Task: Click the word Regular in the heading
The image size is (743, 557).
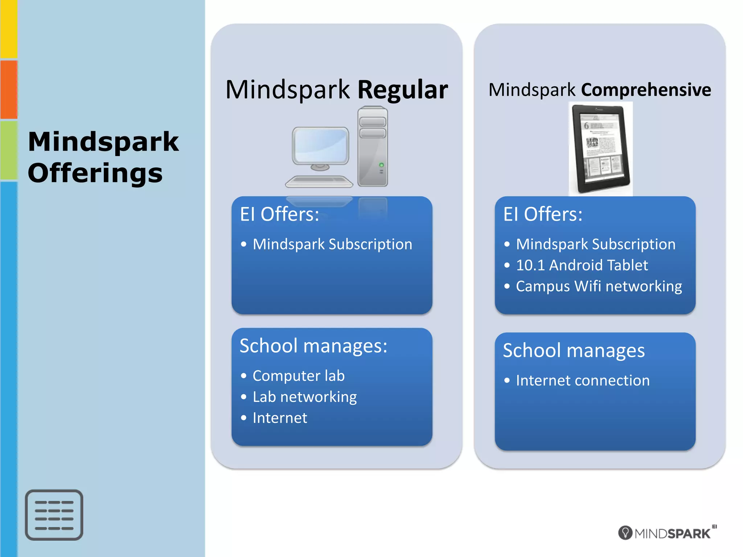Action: (x=403, y=90)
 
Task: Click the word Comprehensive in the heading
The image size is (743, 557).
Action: (x=646, y=90)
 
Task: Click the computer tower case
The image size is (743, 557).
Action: (x=373, y=147)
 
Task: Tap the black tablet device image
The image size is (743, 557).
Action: (x=600, y=149)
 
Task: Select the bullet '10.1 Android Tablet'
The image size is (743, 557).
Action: (x=582, y=265)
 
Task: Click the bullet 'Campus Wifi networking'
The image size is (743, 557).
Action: (x=599, y=286)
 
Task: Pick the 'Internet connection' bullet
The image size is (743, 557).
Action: (x=583, y=380)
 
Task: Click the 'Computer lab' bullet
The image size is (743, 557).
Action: (x=299, y=376)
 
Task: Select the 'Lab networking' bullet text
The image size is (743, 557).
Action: (x=305, y=397)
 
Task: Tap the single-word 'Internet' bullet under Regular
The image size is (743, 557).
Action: (x=280, y=418)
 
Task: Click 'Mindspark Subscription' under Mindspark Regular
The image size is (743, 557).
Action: (x=332, y=244)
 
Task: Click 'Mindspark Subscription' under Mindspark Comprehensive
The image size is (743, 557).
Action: (x=596, y=244)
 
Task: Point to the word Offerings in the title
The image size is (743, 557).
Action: (x=95, y=173)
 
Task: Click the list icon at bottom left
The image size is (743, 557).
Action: (x=54, y=515)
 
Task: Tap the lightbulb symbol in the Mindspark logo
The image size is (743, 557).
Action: (x=625, y=533)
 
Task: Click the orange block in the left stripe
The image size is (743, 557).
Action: (x=9, y=89)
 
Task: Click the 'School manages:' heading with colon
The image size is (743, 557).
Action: (x=313, y=346)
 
